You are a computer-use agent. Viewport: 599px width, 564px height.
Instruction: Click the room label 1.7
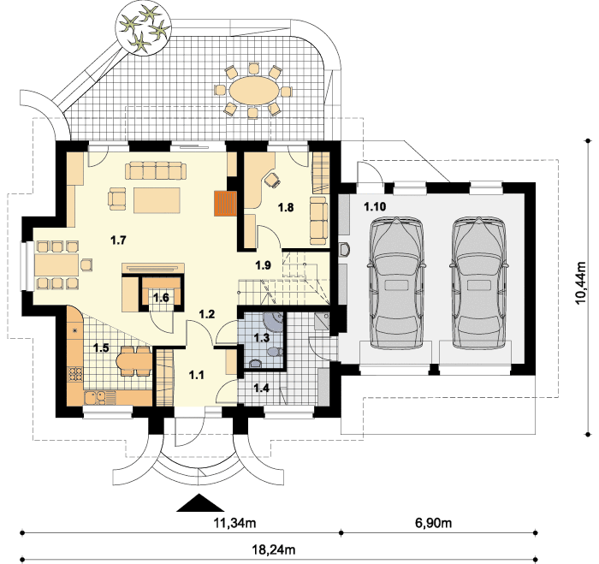coord(118,240)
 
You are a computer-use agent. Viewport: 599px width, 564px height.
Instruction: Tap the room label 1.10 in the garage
coord(375,207)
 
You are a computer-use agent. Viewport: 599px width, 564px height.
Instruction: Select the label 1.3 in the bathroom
coord(262,338)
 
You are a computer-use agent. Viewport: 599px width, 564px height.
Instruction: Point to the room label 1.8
coord(286,207)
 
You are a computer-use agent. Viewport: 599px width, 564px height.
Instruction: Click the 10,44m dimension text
coord(581,282)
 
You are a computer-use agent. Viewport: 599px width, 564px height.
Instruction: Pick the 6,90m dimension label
coord(433,522)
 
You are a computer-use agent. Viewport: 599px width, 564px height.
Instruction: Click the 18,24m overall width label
coord(274,549)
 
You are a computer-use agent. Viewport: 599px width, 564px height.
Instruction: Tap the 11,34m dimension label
coord(234,522)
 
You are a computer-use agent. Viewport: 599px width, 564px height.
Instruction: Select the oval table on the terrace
coord(254,91)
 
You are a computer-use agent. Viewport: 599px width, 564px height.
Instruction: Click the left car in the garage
coord(396,282)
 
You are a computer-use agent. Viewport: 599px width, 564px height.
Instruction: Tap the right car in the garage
coord(479,282)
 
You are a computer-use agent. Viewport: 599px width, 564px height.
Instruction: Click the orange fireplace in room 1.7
coord(225,204)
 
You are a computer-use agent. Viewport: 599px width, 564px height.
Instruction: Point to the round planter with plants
coord(143,29)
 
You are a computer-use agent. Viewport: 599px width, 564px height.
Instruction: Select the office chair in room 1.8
coord(272,179)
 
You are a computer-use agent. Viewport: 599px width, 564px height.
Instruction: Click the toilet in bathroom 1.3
coord(275,352)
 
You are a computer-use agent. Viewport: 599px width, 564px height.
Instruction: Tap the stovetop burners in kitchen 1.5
coord(75,374)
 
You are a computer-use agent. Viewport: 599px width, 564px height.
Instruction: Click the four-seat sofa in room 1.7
coord(156,170)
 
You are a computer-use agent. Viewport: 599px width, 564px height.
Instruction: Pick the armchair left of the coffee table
coord(116,199)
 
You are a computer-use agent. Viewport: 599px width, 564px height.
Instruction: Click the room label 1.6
coord(161,297)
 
